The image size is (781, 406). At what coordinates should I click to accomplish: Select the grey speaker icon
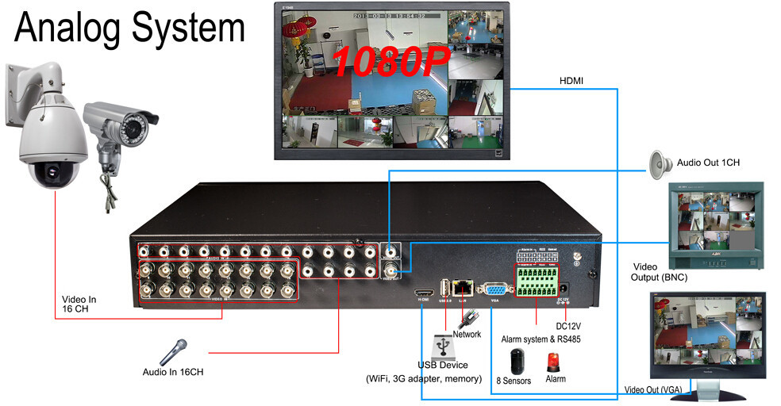pos(660,164)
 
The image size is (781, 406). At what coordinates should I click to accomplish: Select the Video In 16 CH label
pos(79,304)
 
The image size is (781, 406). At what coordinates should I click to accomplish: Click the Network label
pos(467,334)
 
